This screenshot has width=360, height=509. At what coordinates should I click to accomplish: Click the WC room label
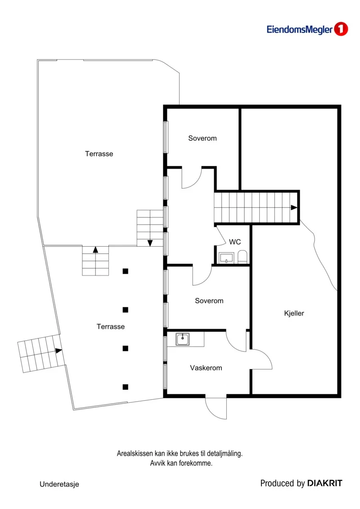pyautogui.click(x=235, y=242)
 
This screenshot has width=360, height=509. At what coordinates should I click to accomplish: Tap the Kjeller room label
pyautogui.click(x=294, y=313)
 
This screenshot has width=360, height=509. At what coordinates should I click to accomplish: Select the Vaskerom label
pyautogui.click(x=206, y=368)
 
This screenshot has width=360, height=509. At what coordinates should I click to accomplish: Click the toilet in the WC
pyautogui.click(x=243, y=257)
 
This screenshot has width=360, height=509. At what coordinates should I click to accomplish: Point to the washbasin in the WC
pyautogui.click(x=226, y=258)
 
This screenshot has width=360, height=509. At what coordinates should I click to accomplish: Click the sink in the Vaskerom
pyautogui.click(x=183, y=339)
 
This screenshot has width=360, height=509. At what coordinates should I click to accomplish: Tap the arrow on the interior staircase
pyautogui.click(x=294, y=207)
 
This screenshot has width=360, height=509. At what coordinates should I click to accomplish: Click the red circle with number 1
pyautogui.click(x=341, y=29)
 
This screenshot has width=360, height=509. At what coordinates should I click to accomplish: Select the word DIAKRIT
pyautogui.click(x=324, y=483)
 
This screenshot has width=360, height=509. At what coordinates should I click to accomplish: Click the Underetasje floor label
pyautogui.click(x=59, y=484)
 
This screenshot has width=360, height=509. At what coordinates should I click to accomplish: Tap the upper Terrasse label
pyautogui.click(x=99, y=154)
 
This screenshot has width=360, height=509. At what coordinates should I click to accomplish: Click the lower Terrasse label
pyautogui.click(x=111, y=327)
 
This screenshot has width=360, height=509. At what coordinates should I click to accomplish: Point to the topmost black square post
pyautogui.click(x=125, y=271)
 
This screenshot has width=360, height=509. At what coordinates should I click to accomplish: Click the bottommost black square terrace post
pyautogui.click(x=125, y=387)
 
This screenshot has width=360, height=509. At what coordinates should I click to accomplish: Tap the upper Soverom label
pyautogui.click(x=202, y=138)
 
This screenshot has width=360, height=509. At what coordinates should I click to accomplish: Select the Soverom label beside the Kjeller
pyautogui.click(x=209, y=301)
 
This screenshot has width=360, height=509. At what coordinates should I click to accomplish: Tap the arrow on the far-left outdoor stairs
pyautogui.click(x=58, y=351)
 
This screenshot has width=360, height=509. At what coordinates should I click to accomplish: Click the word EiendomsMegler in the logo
pyautogui.click(x=300, y=30)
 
